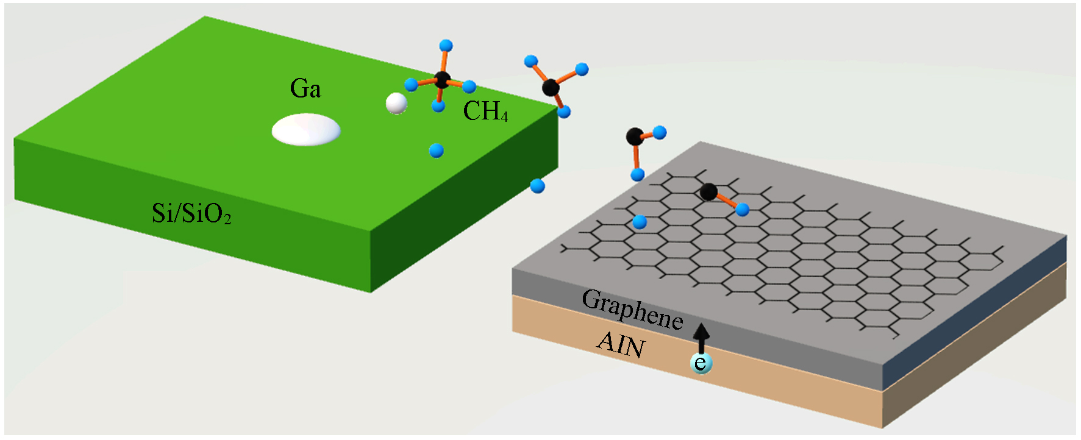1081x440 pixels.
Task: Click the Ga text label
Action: pyautogui.click(x=305, y=89)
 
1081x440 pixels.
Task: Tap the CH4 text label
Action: pyautogui.click(x=485, y=112)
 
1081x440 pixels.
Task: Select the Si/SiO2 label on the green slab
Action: pyautogui.click(x=191, y=213)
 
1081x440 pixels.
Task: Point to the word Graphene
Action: pyautogui.click(x=632, y=310)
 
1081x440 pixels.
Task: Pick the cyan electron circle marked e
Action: pyautogui.click(x=701, y=363)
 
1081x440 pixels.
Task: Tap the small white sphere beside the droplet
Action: pyautogui.click(x=396, y=103)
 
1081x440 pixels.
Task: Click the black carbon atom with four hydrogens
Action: pyautogui.click(x=442, y=79)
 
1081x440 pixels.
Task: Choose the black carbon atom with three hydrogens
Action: pyautogui.click(x=551, y=87)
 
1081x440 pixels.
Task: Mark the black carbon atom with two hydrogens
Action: pyautogui.click(x=635, y=136)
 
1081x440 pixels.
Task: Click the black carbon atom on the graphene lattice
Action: pyautogui.click(x=708, y=191)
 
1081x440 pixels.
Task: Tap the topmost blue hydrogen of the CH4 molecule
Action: pyautogui.click(x=446, y=45)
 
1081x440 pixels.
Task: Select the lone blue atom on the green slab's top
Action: pyautogui.click(x=436, y=151)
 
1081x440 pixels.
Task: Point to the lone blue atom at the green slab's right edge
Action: pyautogui.click(x=537, y=186)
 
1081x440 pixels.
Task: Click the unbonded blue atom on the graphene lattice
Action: pyautogui.click(x=640, y=222)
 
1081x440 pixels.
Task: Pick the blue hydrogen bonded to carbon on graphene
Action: pyautogui.click(x=742, y=210)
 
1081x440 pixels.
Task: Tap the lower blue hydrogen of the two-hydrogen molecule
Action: pyautogui.click(x=638, y=175)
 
